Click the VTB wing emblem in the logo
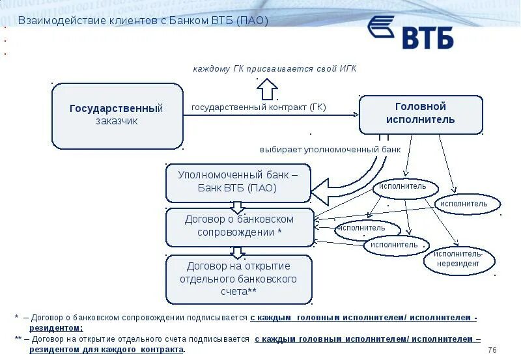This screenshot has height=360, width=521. pyautogui.click(x=381, y=28)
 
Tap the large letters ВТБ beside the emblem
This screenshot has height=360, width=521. pyautogui.click(x=427, y=38)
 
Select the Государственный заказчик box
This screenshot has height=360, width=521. pyautogui.click(x=117, y=115)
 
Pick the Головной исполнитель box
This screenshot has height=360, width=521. pyautogui.click(x=421, y=114)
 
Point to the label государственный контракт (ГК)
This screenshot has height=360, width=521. pyautogui.click(x=259, y=107)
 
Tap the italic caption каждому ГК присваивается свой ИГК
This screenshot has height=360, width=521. pyautogui.click(x=274, y=68)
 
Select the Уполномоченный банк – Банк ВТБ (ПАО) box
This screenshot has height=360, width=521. pyautogui.click(x=238, y=182)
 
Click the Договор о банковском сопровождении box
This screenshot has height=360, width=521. pyautogui.click(x=239, y=227)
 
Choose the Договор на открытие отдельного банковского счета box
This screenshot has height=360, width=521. pyautogui.click(x=239, y=279)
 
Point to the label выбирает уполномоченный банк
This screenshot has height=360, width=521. pyautogui.click(x=330, y=149)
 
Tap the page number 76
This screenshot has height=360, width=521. pyautogui.click(x=492, y=350)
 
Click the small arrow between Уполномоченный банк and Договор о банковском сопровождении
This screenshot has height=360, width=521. pyautogui.click(x=238, y=206)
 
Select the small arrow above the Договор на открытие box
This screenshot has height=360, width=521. pyautogui.click(x=238, y=251)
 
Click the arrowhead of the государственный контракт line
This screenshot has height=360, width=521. pyautogui.click(x=355, y=115)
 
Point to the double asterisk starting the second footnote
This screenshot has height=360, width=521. pyautogui.click(x=18, y=339)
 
